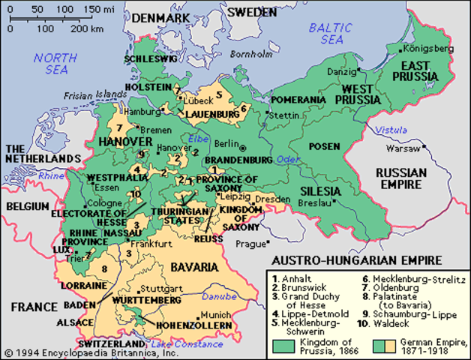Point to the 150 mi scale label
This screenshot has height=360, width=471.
tap(102, 9)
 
